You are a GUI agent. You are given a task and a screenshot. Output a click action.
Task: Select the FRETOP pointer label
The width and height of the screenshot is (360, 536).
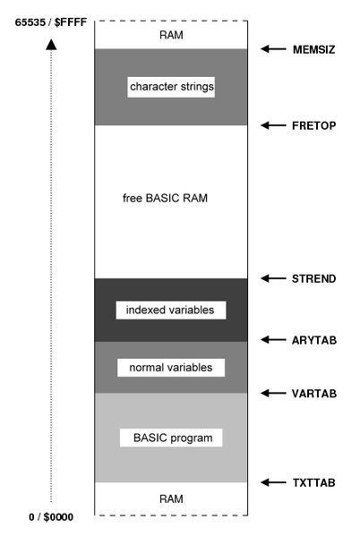[x=312, y=125]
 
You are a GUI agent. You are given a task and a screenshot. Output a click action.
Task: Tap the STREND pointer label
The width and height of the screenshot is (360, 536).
[x=312, y=278]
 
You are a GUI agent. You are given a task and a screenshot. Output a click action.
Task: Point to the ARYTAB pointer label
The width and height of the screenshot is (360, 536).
[x=312, y=340]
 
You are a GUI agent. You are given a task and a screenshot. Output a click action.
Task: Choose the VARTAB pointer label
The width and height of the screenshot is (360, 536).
[x=312, y=393]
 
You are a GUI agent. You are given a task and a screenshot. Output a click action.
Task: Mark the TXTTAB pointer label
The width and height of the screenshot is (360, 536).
[x=312, y=482]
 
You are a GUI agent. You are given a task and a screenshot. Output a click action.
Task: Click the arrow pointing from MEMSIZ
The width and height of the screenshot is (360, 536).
[x=271, y=49]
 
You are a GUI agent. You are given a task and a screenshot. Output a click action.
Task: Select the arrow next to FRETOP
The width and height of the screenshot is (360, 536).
[x=271, y=125]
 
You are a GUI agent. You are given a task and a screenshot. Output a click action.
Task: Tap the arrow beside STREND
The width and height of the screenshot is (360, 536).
[x=271, y=278]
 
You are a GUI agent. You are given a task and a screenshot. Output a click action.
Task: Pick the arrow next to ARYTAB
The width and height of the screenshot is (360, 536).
[x=271, y=340]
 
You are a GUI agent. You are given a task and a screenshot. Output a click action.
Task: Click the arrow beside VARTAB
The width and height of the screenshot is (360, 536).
[x=271, y=393]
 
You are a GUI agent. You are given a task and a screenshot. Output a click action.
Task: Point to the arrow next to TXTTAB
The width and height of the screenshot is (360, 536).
[x=271, y=482]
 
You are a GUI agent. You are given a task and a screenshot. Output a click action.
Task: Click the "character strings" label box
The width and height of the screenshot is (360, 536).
[x=172, y=87]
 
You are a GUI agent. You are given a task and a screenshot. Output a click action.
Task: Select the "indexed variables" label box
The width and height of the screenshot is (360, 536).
[x=170, y=310]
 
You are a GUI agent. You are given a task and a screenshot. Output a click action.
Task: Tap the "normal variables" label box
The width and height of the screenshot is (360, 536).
[x=170, y=367]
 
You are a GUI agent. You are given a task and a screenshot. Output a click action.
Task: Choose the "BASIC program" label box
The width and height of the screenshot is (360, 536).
[x=170, y=438]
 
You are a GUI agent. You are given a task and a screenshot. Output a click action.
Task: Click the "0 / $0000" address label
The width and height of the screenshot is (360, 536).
[x=52, y=517]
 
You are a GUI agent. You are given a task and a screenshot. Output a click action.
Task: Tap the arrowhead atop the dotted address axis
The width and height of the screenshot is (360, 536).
[x=51, y=42]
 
